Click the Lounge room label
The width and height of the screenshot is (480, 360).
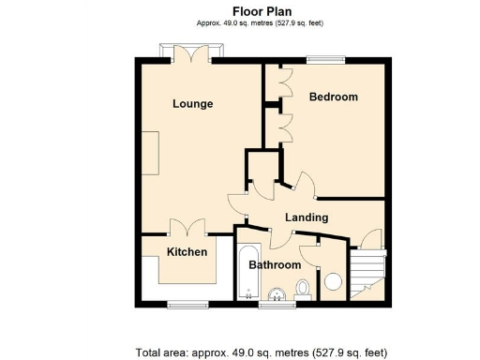(192, 103)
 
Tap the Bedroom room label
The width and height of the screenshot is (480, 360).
(333, 97)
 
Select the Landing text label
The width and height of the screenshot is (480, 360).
(307, 217)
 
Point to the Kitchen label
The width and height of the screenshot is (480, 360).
(187, 252)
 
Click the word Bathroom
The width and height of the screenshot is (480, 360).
(273, 265)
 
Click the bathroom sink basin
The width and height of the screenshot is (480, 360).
(275, 297)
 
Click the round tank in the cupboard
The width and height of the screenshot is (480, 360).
(333, 281)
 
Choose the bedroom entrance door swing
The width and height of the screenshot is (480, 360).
(304, 184)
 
